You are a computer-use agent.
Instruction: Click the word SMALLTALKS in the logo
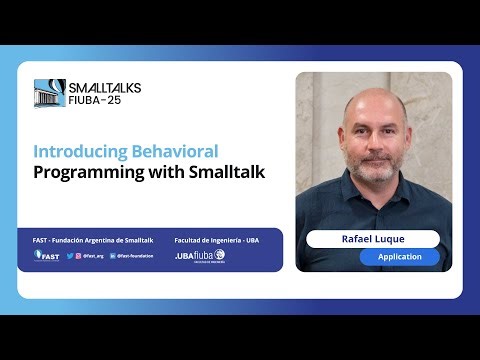pos(105,88)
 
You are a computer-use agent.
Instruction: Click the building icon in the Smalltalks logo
pos(50,94)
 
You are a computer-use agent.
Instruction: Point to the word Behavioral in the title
pos(174,151)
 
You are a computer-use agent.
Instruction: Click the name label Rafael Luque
pos(373,239)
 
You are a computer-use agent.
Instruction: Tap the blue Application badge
pos(399,257)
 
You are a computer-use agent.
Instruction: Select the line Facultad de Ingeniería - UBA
pos(216,241)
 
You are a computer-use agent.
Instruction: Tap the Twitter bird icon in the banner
pos(69,256)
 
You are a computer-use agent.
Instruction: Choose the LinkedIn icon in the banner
pos(110,256)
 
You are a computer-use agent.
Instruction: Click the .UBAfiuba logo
pos(199,256)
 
